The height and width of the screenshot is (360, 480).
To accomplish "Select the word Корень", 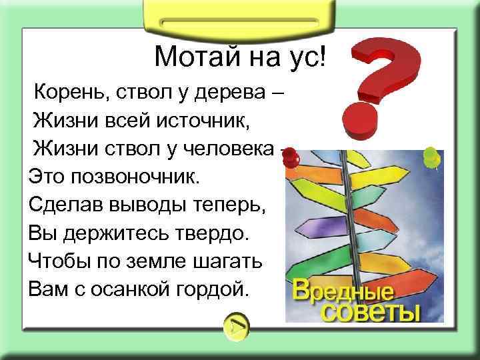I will (67, 90).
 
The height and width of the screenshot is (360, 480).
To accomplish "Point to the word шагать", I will (227, 261).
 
